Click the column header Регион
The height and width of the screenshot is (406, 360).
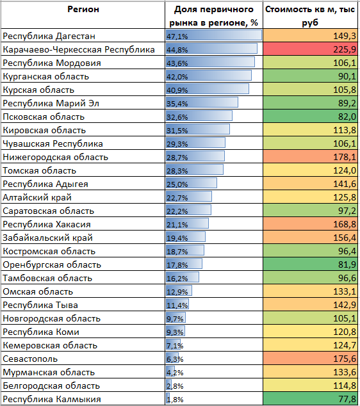[83, 10]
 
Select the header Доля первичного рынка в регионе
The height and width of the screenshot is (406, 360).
[214, 16]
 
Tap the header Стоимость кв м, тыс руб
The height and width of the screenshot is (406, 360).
[310, 16]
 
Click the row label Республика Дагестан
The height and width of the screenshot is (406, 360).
[49, 36]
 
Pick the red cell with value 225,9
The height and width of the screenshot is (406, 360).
[310, 49]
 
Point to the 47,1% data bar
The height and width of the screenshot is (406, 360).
[214, 35]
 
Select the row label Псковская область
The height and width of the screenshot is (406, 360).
[44, 117]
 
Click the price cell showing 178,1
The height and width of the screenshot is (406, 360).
[310, 157]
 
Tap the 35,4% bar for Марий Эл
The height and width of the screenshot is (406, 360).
[202, 103]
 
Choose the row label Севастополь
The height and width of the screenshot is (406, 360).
[30, 359]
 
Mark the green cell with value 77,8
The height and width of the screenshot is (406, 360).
[310, 399]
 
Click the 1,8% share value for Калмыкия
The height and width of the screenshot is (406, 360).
[175, 400]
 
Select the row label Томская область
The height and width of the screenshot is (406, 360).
[39, 170]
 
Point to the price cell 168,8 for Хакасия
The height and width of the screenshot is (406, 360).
[310, 224]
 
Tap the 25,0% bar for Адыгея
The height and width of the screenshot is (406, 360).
[192, 184]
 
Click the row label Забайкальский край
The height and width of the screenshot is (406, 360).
[47, 238]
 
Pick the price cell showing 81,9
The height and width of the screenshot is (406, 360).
[310, 264]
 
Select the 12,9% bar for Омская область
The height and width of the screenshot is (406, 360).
[179, 291]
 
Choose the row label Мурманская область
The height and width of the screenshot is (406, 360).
[49, 372]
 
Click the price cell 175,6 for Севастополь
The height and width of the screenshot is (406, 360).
[310, 359]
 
